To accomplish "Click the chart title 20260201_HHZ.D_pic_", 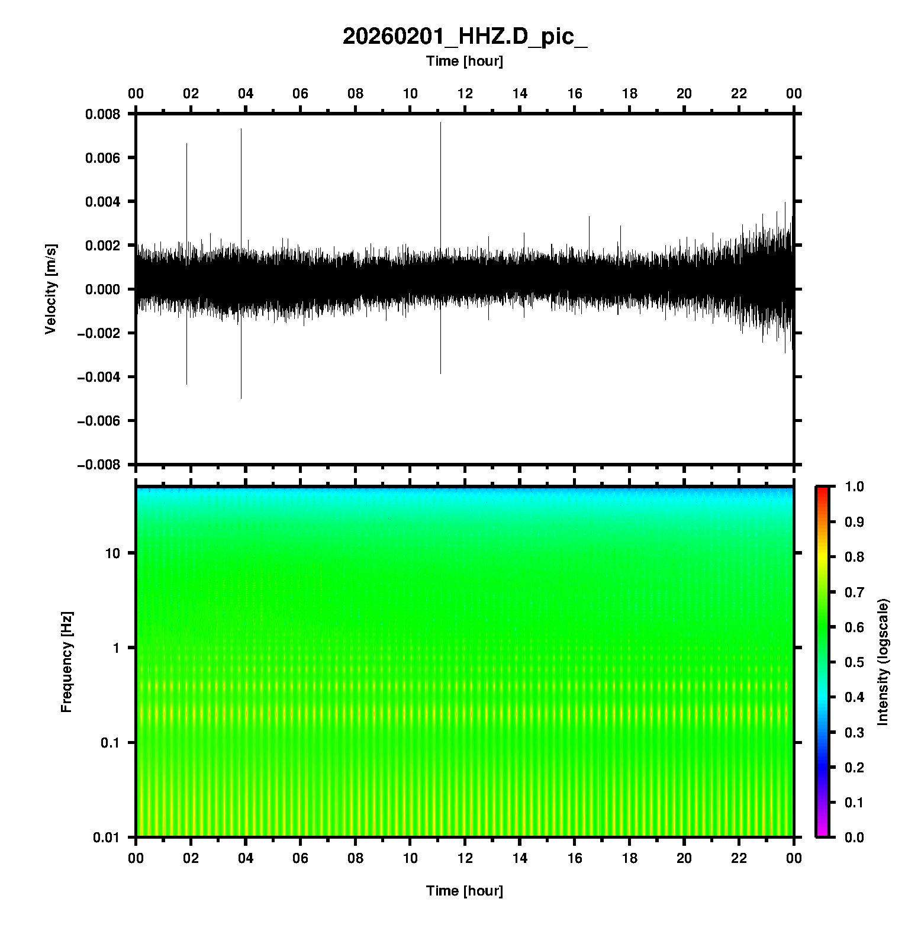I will [x=465, y=37].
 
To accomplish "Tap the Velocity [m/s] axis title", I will [x=51, y=289].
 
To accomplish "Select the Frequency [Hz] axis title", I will [x=66, y=662].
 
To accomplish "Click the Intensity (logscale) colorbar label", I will [x=883, y=662].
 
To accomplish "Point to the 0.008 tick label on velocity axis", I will [x=102, y=114].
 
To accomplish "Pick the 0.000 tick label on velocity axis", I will [x=102, y=289].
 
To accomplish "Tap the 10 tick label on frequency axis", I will [x=112, y=553].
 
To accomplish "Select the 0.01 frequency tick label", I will [x=107, y=838].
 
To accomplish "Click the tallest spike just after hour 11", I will [x=440, y=124].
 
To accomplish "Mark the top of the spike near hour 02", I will [x=186, y=144].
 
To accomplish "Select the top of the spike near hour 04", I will [x=241, y=129].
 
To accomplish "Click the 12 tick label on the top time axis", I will [x=465, y=94].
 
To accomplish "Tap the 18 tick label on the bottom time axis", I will [x=629, y=858].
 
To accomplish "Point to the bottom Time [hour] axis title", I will [x=465, y=891].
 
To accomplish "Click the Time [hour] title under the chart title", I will [x=465, y=61].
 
